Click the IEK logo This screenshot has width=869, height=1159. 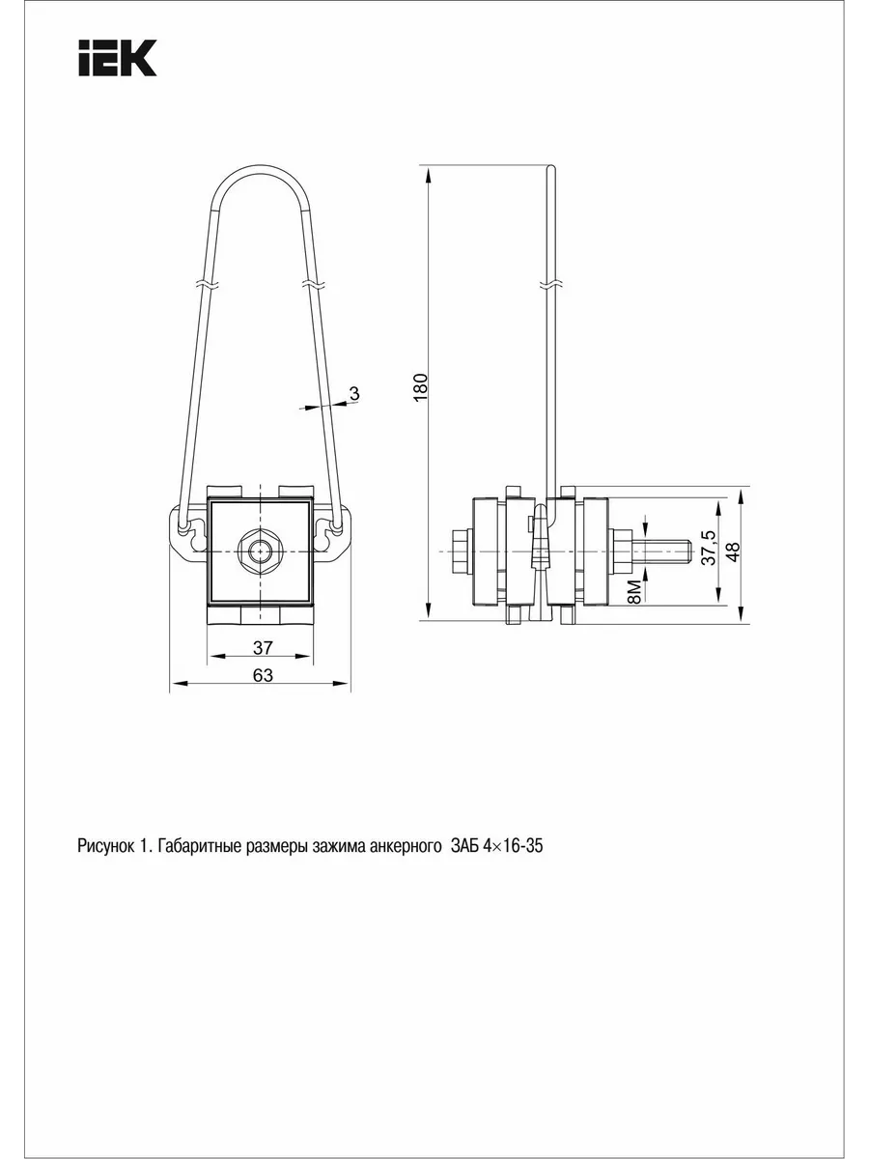pyautogui.click(x=117, y=58)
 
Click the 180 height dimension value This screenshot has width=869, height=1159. pyautogui.click(x=421, y=387)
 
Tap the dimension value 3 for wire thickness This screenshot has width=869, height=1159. pyautogui.click(x=354, y=393)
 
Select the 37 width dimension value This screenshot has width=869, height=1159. pyautogui.click(x=263, y=647)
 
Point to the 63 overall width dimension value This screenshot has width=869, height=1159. pyautogui.click(x=263, y=675)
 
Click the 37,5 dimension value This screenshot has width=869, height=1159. pyautogui.click(x=710, y=548)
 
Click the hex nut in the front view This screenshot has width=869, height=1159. pyautogui.click(x=260, y=551)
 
